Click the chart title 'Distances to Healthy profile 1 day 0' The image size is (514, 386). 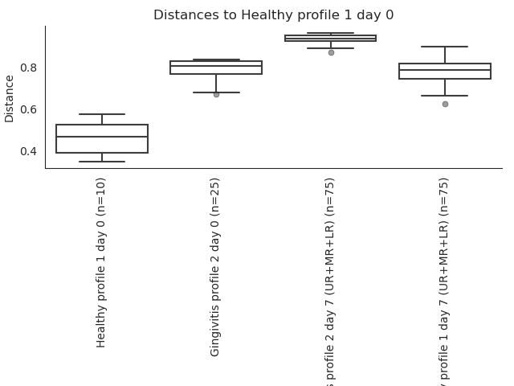tap(273, 15)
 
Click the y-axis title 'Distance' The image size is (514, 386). tap(10, 98)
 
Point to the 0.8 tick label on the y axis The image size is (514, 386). tap(28, 68)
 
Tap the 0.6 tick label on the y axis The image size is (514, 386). tap(28, 109)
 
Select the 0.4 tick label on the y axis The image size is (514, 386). tap(28, 151)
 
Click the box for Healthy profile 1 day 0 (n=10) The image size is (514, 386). tap(102, 145)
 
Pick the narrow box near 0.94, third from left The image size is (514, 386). tap(330, 38)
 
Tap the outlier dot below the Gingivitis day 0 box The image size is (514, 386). tap(216, 94)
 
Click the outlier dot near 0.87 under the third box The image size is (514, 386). tap(331, 52)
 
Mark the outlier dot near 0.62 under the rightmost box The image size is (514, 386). tap(445, 104)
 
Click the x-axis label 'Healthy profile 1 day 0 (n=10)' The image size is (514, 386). tap(102, 262)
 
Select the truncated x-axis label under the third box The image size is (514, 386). tap(330, 281)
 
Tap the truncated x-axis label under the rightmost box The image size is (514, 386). tap(444, 281)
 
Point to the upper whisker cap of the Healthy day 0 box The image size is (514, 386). tap(102, 114)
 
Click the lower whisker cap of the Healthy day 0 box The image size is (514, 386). tap(102, 162)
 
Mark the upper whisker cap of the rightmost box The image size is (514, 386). tap(445, 47)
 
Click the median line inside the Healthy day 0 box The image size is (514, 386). tap(102, 137)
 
